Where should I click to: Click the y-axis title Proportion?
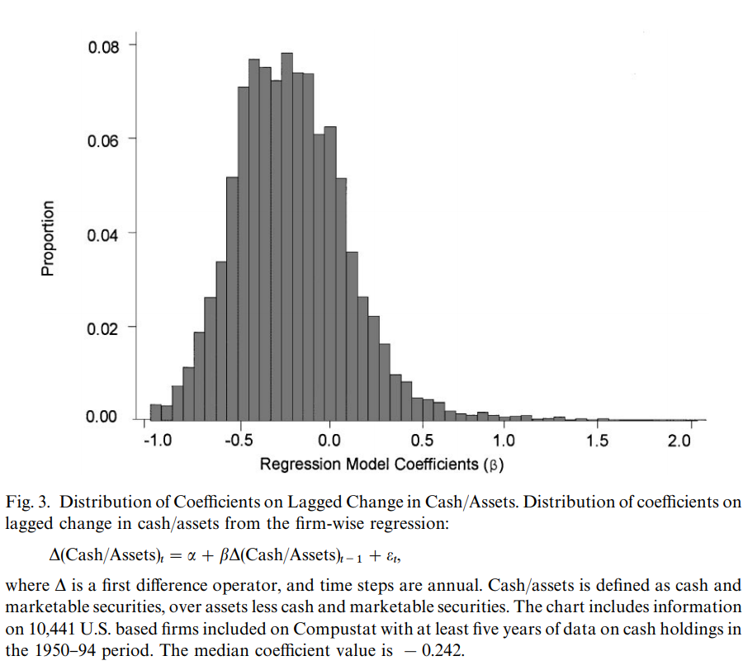[48, 238]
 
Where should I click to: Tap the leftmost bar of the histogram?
[155, 412]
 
